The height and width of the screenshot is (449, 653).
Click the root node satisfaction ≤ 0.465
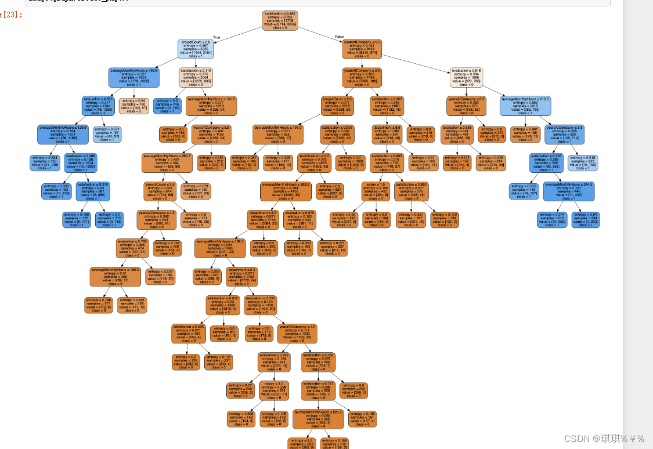pos(280,20)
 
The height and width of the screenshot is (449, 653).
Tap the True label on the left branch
pos(217,37)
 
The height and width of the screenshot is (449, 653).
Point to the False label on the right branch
pos(340,37)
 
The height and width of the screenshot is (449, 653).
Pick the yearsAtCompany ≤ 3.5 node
pos(362,77)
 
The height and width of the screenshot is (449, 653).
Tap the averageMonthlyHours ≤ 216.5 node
pos(525,106)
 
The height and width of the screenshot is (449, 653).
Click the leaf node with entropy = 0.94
pos(134,105)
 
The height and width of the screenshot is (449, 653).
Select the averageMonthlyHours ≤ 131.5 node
pos(211,106)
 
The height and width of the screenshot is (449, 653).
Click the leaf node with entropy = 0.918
pos(582,162)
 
